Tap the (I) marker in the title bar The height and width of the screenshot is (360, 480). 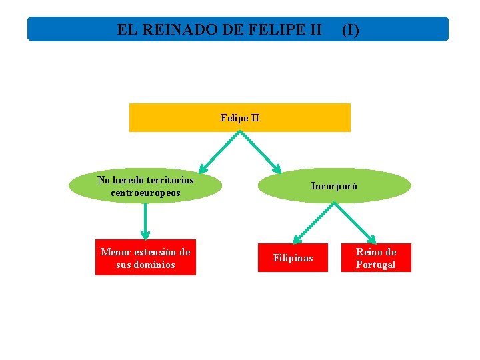(351, 29)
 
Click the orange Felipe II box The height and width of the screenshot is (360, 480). (239, 118)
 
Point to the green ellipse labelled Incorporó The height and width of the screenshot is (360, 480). (334, 186)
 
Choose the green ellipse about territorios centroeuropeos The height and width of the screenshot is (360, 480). (145, 186)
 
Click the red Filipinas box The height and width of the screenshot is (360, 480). (293, 258)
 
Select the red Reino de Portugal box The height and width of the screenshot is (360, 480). (376, 258)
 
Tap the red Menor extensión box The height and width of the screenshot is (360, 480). (145, 258)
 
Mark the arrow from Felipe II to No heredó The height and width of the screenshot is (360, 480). (220, 151)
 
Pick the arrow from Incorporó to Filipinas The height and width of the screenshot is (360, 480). (313, 222)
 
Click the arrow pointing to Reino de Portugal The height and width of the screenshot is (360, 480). (355, 222)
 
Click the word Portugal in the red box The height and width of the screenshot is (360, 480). (375, 265)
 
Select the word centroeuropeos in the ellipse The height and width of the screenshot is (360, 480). (145, 193)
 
